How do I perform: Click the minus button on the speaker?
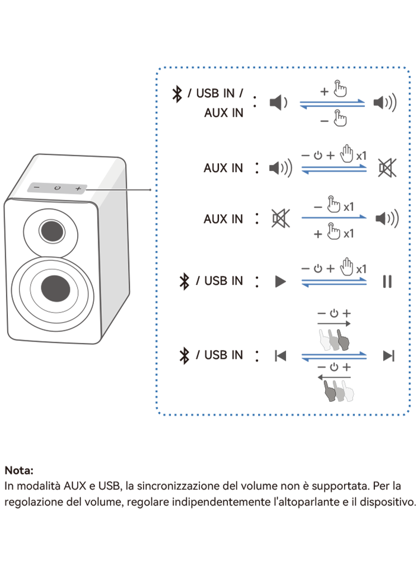(36, 187)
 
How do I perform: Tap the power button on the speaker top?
(57, 188)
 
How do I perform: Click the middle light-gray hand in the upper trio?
(334, 339)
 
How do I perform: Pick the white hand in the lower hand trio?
(347, 391)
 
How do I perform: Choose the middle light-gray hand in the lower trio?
(338, 391)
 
